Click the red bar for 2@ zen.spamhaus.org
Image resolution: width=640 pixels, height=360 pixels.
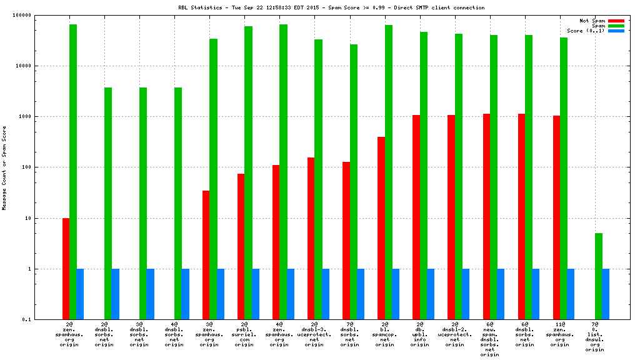pyautogui.click(x=66, y=269)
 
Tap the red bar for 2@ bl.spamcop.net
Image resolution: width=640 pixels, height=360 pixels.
pyautogui.click(x=381, y=228)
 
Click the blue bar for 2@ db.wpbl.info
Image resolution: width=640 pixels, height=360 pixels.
pyautogui.click(x=431, y=294)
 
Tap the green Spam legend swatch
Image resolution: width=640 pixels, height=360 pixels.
pyautogui.click(x=616, y=26)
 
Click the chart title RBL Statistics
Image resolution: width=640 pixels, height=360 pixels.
pyautogui.click(x=331, y=7)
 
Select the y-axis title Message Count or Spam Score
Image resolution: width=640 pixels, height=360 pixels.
pyautogui.click(x=4, y=167)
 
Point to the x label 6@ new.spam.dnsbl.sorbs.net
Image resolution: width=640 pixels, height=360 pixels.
pyautogui.click(x=489, y=339)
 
